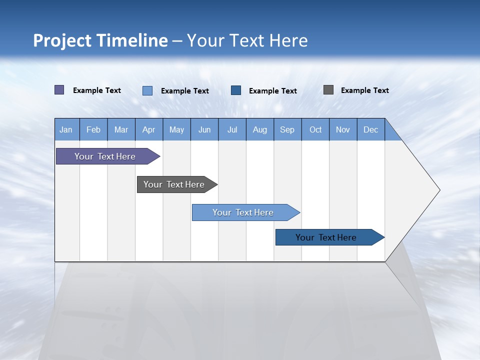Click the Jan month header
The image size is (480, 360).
[x=66, y=129]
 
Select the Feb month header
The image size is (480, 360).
[x=93, y=129]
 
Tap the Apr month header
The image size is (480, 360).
[x=149, y=129]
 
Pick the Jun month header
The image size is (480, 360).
[x=204, y=129]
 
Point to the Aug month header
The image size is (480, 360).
[x=260, y=129]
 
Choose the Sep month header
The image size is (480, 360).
[x=287, y=129]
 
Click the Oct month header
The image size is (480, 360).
[x=315, y=129]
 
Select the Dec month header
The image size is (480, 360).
[x=371, y=129]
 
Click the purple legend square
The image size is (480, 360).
[x=59, y=90]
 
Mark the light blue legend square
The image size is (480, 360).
[x=147, y=90]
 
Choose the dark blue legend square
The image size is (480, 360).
[x=236, y=90]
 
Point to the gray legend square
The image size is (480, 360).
[x=328, y=90]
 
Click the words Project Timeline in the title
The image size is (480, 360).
[x=100, y=40]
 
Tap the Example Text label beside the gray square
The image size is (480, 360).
[x=364, y=90]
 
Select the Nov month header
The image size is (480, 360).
[x=343, y=129]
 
